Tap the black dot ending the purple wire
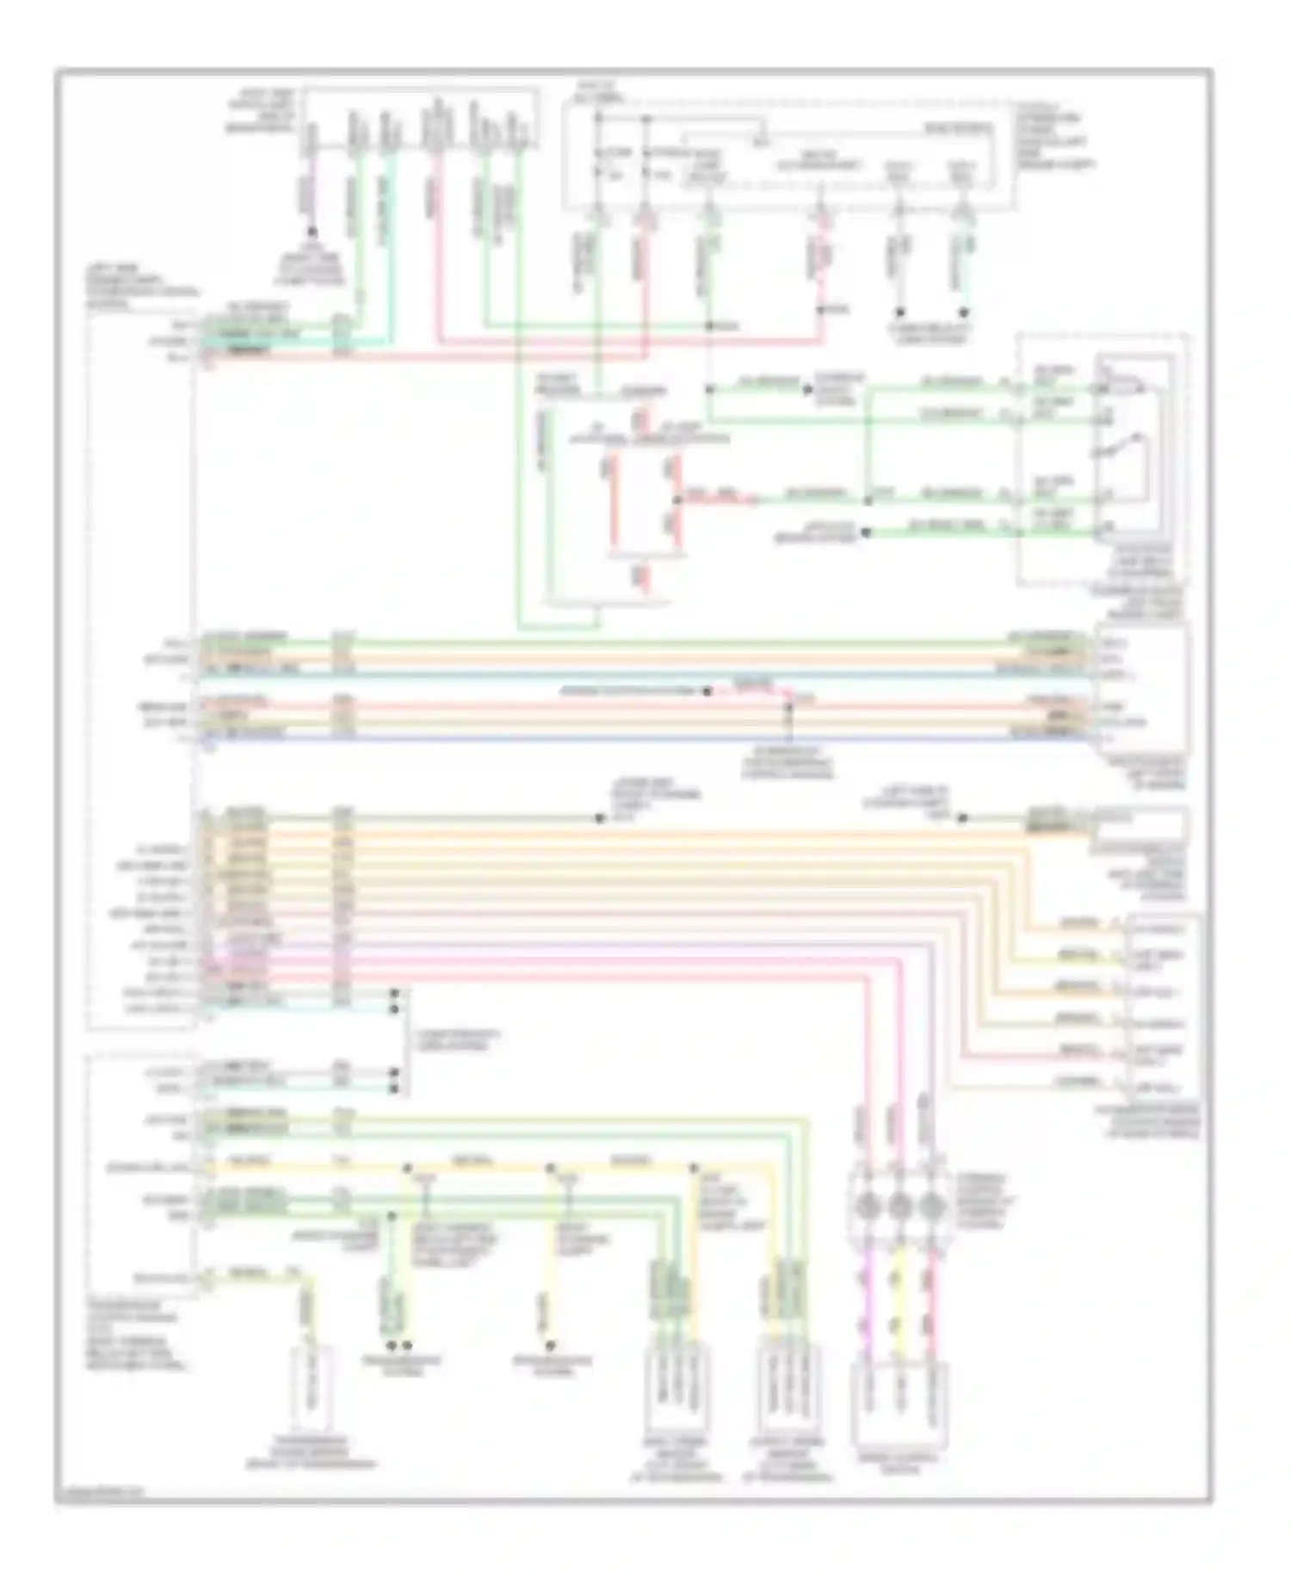coord(312,232)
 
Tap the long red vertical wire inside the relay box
coord(614,508)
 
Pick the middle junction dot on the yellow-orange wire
coord(551,1168)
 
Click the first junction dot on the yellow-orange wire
coord(408,1168)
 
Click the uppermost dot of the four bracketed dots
coord(395,993)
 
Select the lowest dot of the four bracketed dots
coord(395,1089)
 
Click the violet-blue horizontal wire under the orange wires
coord(645,738)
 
